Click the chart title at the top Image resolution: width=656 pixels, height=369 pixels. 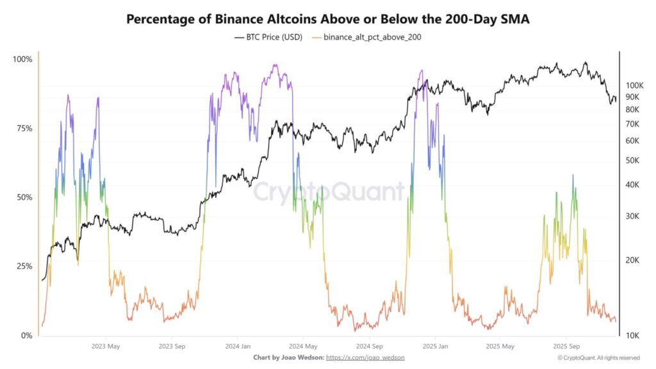point(327,19)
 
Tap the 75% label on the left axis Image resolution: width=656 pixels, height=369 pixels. point(24,129)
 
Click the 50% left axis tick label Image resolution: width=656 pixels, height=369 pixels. point(24,197)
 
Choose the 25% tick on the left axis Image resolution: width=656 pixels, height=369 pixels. point(24,266)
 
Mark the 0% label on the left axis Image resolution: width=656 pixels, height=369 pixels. point(26,336)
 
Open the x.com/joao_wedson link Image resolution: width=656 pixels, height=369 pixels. point(365,357)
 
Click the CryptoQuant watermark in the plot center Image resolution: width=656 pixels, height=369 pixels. point(329,192)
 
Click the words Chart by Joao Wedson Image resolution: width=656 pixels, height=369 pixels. point(288,357)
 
